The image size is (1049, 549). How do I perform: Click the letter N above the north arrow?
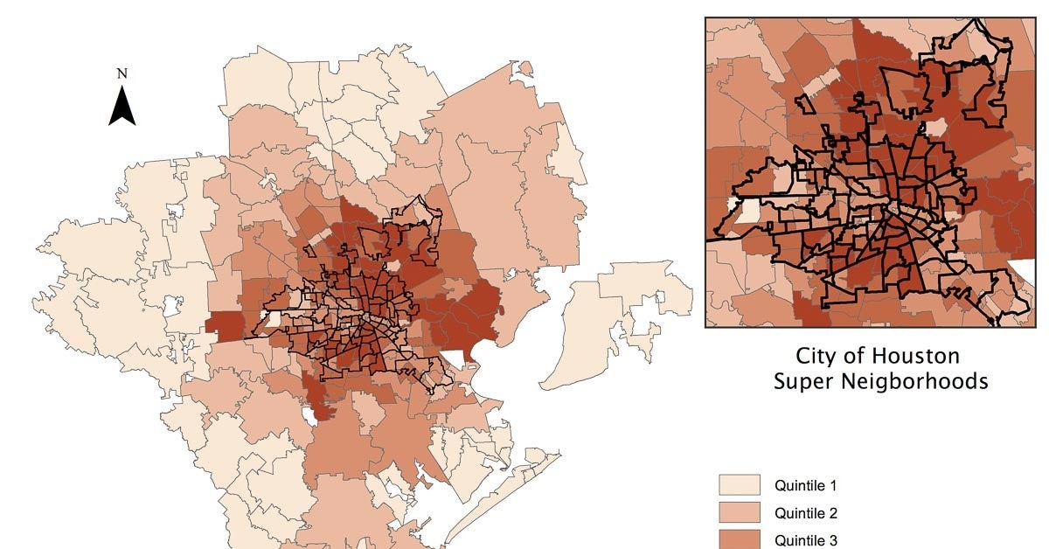click(x=122, y=74)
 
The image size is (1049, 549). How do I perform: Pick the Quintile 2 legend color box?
click(x=740, y=513)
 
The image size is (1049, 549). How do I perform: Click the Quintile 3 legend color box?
click(x=740, y=539)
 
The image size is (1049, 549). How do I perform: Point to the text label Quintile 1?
click(x=806, y=485)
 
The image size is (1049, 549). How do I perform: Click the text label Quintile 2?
click(x=806, y=513)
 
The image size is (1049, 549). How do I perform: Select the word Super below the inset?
click(x=805, y=382)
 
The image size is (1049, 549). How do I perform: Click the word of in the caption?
click(x=858, y=357)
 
